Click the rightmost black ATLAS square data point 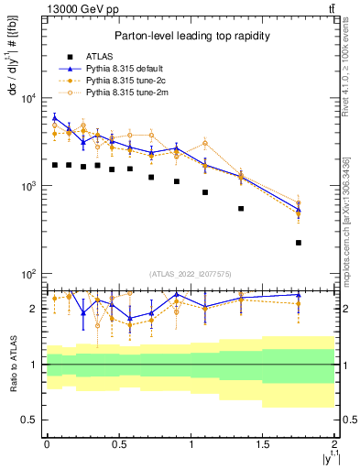pos(299,243)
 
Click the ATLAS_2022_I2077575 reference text pos(191,274)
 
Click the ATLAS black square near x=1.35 pos(241,209)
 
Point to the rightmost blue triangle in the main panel pos(299,210)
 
